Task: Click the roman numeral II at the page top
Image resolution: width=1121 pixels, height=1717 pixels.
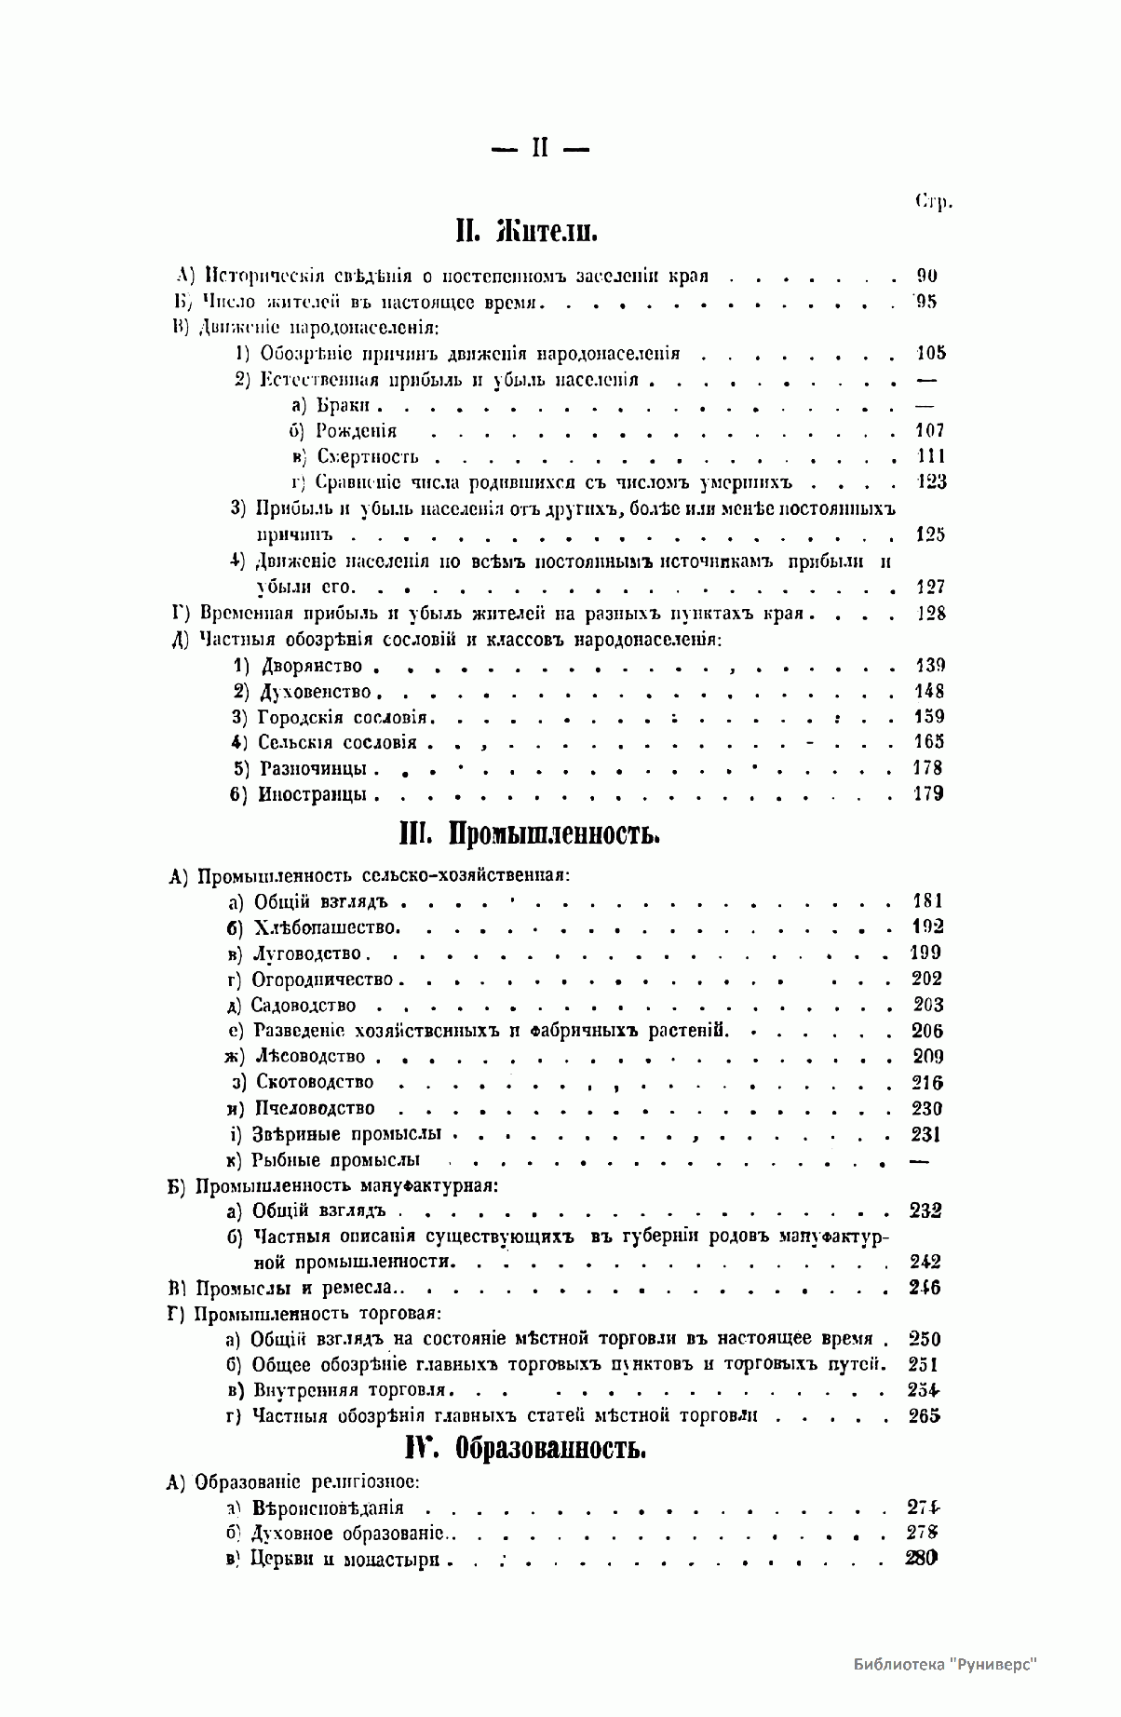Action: [539, 148]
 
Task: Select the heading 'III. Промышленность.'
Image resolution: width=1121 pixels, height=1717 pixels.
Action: [529, 833]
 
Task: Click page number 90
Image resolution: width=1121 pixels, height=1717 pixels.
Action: [927, 276]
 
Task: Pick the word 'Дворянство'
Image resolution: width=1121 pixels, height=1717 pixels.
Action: [311, 666]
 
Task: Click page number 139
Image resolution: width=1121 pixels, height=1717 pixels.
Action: [930, 665]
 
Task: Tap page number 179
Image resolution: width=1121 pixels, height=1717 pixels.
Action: [929, 793]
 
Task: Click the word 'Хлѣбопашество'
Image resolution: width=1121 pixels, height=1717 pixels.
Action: [326, 927]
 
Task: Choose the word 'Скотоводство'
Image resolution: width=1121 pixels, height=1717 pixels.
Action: [315, 1082]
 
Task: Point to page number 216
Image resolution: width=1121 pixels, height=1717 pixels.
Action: [927, 1082]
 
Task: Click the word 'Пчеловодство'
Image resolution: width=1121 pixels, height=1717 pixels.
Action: [314, 1108]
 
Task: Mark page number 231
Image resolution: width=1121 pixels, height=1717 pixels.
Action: [925, 1134]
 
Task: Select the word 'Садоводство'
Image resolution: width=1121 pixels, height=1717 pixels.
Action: [304, 1006]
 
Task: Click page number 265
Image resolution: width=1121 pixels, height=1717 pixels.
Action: [925, 1416]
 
